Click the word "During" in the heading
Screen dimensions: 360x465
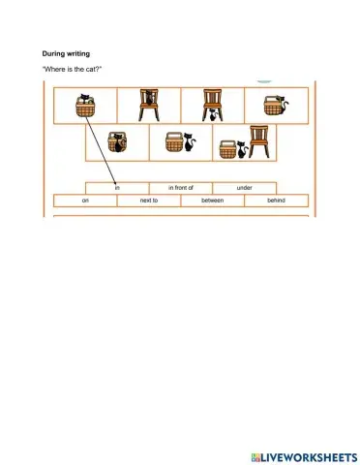click(53, 53)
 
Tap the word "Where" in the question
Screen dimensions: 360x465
click(55, 71)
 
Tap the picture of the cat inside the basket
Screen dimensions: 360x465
click(117, 143)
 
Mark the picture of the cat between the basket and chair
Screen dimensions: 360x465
click(245, 143)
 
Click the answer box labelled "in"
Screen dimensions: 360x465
click(117, 187)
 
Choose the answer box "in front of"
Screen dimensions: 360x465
click(181, 187)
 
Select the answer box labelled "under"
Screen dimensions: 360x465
click(244, 187)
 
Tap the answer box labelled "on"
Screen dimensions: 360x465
click(85, 201)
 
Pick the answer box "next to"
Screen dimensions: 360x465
click(149, 201)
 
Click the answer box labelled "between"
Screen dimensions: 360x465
click(213, 201)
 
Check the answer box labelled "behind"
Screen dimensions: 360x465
click(277, 201)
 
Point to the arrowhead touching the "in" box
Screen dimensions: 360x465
click(116, 180)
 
